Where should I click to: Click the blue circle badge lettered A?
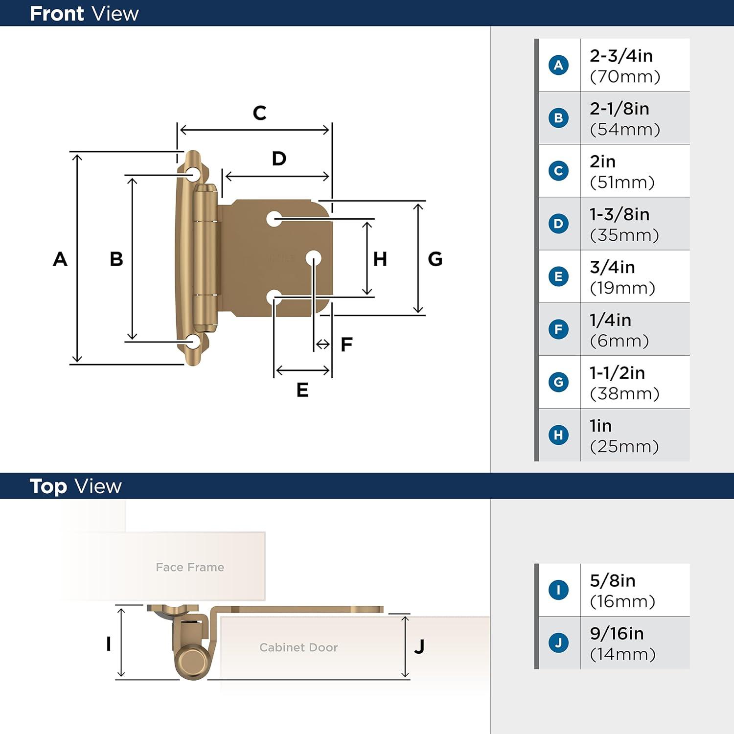[558, 65]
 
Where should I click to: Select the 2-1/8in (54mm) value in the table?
[624, 118]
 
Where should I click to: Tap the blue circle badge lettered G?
[558, 382]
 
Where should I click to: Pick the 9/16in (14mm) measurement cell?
[622, 643]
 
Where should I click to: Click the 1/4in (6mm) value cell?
[619, 330]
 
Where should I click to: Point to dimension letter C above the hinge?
[259, 113]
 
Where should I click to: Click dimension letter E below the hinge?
[302, 390]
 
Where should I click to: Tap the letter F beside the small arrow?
[346, 344]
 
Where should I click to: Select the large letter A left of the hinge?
[60, 259]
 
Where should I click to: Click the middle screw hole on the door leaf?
[314, 258]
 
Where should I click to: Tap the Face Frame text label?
[190, 567]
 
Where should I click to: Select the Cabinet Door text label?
[298, 647]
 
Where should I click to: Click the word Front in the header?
[57, 14]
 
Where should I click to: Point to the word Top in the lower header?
[48, 486]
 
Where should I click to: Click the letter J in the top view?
[419, 646]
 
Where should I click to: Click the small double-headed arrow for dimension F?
[323, 344]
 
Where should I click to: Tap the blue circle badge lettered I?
[558, 590]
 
